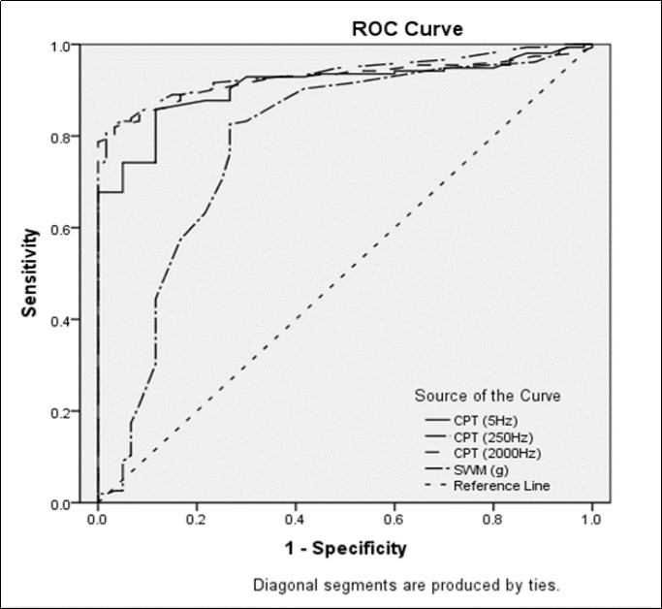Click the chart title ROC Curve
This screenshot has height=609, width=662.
[407, 29]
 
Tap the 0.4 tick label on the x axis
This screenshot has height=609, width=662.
[295, 520]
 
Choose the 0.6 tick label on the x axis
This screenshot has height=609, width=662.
[394, 520]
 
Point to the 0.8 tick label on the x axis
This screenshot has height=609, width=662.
[492, 520]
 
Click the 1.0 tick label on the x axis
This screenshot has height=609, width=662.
[591, 520]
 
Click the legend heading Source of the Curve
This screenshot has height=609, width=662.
[488, 396]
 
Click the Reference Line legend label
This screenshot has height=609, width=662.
[502, 485]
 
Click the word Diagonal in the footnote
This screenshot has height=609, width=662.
[282, 586]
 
